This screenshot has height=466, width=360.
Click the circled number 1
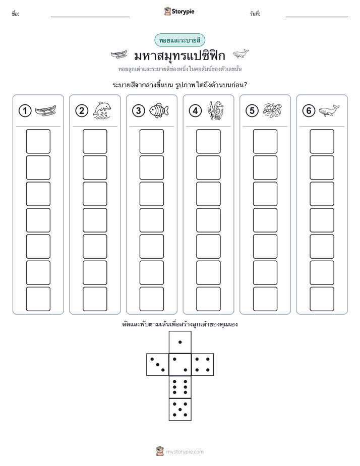[x=25, y=111]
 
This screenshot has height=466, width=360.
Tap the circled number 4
[x=195, y=111]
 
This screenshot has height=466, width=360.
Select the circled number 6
[x=309, y=111]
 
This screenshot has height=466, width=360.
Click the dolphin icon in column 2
[x=102, y=110]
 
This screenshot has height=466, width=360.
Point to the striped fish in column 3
[x=159, y=111]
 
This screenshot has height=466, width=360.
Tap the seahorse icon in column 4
[x=215, y=110]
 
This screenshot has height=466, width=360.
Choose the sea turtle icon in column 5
[x=272, y=110]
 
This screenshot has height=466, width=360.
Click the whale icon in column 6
[x=329, y=110]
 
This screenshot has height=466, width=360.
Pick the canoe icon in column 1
[x=45, y=111]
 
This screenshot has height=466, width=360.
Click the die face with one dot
[x=180, y=342]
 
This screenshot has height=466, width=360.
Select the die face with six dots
[x=180, y=387]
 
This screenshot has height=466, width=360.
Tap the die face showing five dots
[x=180, y=410]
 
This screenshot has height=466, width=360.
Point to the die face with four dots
[x=203, y=365]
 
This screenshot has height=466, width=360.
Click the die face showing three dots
[x=157, y=365]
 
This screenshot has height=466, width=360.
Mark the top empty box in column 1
[x=38, y=141]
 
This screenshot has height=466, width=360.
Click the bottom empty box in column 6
[x=322, y=299]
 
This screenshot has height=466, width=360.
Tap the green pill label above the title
[x=179, y=40]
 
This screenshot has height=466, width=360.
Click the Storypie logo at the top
[x=179, y=11]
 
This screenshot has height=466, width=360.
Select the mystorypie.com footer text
[x=185, y=452]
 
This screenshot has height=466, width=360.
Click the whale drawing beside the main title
[x=241, y=54]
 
